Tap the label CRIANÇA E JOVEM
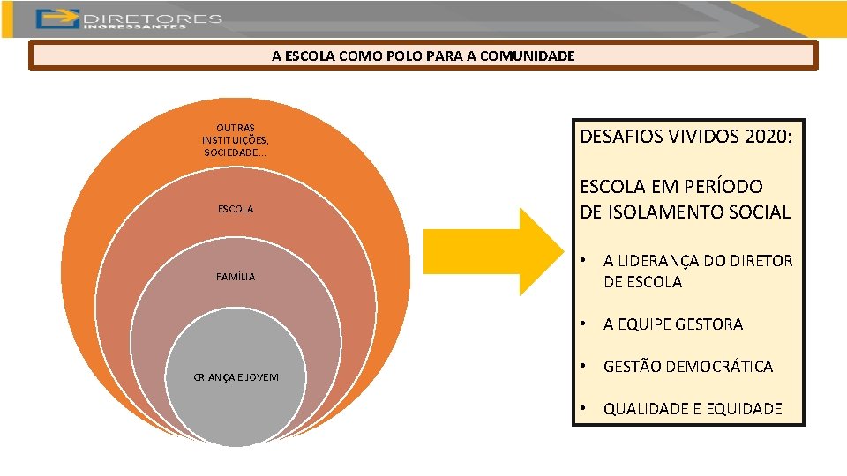tap(236, 377)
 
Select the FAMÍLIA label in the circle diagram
tap(236, 277)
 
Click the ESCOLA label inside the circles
tap(236, 209)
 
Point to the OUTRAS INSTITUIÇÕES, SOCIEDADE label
tap(236, 140)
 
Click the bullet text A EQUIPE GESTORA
tap(673, 324)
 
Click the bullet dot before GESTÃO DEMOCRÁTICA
tap(584, 367)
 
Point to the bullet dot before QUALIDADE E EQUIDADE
tap(584, 408)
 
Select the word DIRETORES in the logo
tap(152, 18)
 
